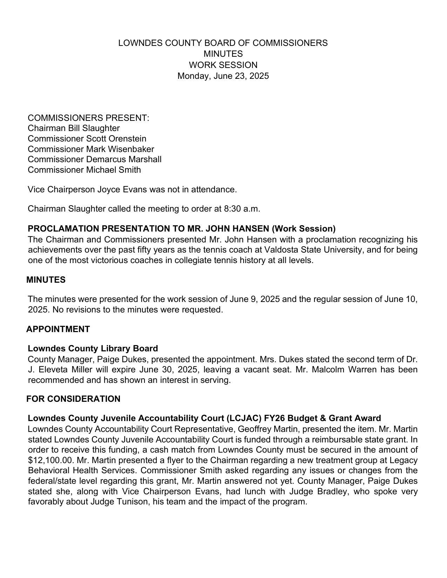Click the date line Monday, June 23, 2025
223,76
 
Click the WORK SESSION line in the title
223,65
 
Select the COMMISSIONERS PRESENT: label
88,118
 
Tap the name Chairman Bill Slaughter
74,128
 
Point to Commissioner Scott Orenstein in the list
87,139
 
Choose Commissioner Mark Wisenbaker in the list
91,149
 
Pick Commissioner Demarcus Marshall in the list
95,159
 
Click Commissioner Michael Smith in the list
84,170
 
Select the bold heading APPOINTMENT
58,329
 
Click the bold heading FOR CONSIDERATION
73,399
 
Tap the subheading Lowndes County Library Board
93,349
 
